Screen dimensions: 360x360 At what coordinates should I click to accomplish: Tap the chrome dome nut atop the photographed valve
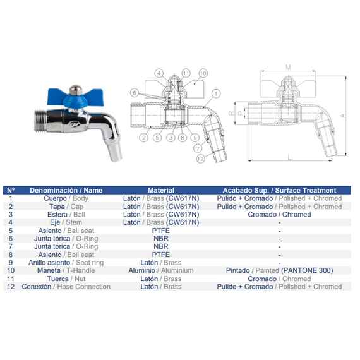[75, 90]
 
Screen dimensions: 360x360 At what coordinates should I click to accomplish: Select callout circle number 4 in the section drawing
[159, 73]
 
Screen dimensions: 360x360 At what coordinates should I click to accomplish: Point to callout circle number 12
[200, 159]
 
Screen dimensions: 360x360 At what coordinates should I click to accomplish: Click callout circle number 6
[135, 93]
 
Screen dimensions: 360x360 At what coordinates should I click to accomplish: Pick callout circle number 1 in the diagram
[216, 93]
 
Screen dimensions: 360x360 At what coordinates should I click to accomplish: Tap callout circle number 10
[203, 73]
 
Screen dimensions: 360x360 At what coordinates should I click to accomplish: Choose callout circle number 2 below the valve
[144, 138]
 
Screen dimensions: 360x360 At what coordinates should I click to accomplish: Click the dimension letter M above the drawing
[288, 68]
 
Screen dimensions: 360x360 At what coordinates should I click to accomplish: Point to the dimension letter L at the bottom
[289, 157]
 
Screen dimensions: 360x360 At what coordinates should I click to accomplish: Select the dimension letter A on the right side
[342, 116]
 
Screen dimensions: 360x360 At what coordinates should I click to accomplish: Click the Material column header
[161, 190]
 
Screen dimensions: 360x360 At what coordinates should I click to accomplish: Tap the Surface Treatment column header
[279, 190]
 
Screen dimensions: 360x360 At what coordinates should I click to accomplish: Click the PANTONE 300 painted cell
[279, 270]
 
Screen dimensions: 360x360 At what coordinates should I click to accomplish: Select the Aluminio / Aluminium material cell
[161, 270]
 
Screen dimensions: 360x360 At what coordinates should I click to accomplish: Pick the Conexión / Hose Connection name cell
[66, 287]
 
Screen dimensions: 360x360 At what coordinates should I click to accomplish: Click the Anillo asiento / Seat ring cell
[66, 263]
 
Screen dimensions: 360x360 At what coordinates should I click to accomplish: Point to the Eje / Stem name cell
[66, 222]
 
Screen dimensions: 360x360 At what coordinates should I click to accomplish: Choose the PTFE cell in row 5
[161, 231]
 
